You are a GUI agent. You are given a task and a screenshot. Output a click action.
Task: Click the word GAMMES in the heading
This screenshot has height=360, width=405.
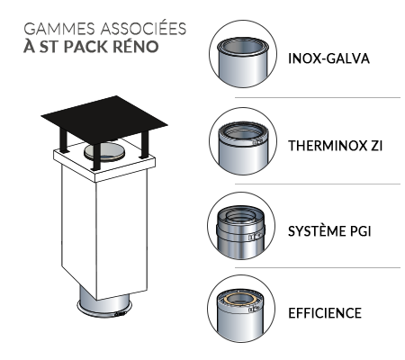[59, 29]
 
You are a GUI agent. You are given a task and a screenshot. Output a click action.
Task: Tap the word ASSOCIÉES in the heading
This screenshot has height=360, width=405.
[144, 28]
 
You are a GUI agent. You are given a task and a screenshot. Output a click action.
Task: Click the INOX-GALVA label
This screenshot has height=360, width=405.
[328, 58]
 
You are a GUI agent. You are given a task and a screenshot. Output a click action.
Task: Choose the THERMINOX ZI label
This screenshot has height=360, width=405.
[336, 146]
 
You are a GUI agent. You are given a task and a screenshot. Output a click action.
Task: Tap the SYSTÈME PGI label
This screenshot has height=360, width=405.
[329, 231]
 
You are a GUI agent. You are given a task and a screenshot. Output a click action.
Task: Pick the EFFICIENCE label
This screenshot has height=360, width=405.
[325, 313]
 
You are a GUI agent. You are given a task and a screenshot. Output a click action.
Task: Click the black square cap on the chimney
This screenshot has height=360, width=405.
[104, 119]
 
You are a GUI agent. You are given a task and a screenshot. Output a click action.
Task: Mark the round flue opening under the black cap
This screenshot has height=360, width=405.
[104, 153]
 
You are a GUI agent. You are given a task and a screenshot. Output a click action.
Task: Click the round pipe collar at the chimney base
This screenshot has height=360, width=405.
[104, 308]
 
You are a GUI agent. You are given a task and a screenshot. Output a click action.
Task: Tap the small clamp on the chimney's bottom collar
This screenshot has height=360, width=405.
[120, 314]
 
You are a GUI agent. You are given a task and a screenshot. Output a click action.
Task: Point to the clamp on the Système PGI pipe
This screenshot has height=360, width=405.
[254, 237]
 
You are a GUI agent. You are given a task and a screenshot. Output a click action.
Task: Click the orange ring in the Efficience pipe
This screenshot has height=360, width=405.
[241, 299]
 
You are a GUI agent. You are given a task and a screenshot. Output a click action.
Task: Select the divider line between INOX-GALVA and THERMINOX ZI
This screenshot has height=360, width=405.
[318, 97]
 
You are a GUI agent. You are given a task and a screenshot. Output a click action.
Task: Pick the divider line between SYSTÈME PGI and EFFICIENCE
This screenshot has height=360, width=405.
[318, 267]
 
